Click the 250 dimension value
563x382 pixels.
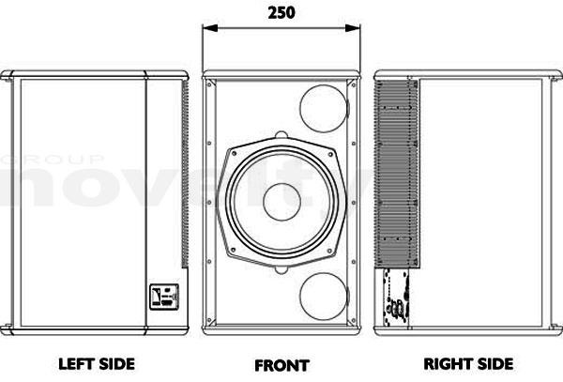point(281,12)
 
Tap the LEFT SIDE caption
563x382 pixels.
point(97,364)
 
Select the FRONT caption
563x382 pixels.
point(281,365)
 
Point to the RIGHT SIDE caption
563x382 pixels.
point(468,364)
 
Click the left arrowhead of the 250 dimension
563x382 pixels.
point(210,28)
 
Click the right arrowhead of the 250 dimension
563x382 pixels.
point(353,28)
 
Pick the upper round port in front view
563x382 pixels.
point(324,109)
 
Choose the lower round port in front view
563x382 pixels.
point(324,297)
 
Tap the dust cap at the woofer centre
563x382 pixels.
point(281,202)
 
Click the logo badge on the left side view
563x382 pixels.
point(164,297)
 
